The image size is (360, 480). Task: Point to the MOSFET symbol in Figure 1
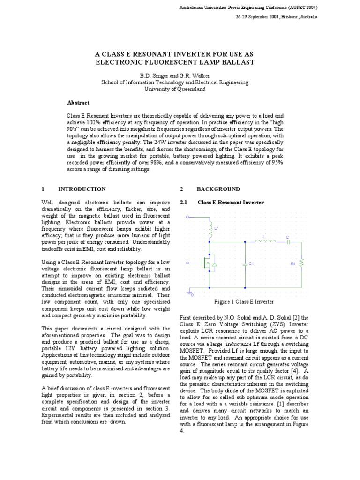(206, 264)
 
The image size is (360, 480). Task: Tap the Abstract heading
(78, 102)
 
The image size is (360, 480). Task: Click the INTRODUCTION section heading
(82, 189)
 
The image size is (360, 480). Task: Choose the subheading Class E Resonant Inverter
(231, 202)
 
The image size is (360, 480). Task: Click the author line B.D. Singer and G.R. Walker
(175, 75)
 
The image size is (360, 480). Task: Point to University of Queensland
(175, 88)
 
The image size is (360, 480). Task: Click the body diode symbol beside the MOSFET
(214, 264)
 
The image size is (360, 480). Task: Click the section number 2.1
(184, 202)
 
